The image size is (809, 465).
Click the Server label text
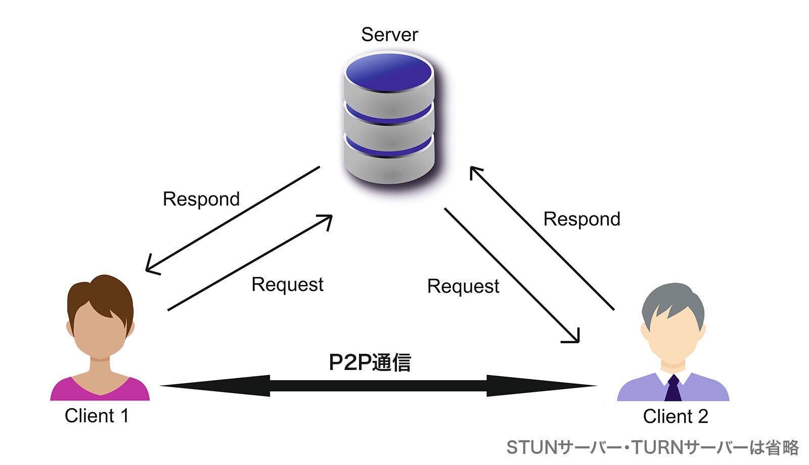pyautogui.click(x=389, y=34)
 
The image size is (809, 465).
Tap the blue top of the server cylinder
pyautogui.click(x=389, y=72)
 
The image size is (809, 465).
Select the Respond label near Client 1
pyautogui.click(x=201, y=199)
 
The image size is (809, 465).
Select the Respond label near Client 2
pyautogui.click(x=581, y=219)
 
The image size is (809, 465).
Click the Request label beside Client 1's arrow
pyautogui.click(x=287, y=285)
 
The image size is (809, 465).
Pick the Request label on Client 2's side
pyautogui.click(x=463, y=287)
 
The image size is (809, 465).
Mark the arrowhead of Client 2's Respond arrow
pyautogui.click(x=473, y=170)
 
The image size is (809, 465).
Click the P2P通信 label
pyautogui.click(x=370, y=362)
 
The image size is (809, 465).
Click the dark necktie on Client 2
pyautogui.click(x=673, y=389)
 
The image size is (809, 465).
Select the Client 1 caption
pyautogui.click(x=97, y=416)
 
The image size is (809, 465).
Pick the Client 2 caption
pyautogui.click(x=675, y=416)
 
